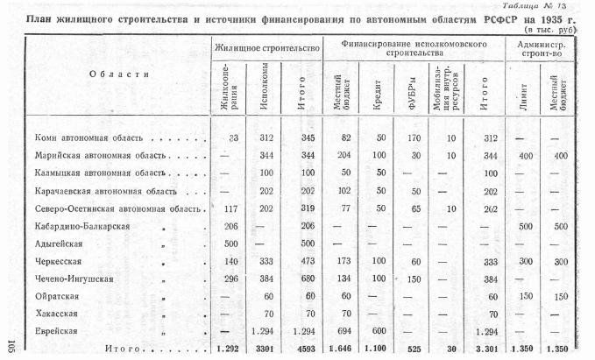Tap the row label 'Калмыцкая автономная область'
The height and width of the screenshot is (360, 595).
[96, 173]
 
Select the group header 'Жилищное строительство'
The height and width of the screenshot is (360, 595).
[266, 45]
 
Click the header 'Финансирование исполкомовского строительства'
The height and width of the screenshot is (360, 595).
[414, 45]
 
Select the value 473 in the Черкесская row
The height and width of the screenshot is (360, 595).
[308, 261]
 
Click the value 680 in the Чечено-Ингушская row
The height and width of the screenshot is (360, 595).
[308, 279]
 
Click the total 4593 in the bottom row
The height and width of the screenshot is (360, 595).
[306, 349]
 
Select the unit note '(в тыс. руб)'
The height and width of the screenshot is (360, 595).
[563, 29]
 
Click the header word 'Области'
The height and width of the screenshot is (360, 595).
[114, 74]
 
